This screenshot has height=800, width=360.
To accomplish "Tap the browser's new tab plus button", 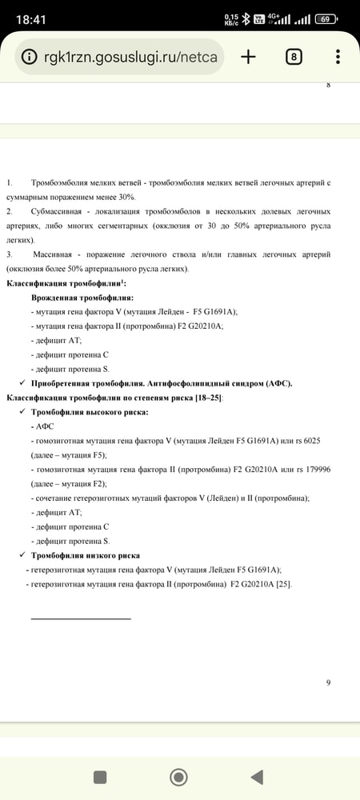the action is [248, 57].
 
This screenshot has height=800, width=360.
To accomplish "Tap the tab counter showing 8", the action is [294, 57].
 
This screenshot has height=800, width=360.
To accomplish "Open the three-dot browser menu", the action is [338, 57].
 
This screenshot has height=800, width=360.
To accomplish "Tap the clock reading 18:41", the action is [30, 18].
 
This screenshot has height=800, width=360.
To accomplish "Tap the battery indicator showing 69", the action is [325, 18].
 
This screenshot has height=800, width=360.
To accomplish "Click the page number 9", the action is [328, 682].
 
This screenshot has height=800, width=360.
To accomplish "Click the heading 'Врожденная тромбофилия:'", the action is [82, 298].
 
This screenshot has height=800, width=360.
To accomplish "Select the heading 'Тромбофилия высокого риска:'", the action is [90, 412].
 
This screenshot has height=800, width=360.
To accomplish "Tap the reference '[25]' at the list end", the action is [283, 584].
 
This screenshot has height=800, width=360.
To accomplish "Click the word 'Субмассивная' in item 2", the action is [58, 211].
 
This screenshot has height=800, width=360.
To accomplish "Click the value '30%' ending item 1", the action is [124, 197].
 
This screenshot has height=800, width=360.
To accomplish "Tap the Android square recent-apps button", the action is [100, 777].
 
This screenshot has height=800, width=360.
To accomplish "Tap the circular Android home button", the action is [178, 777].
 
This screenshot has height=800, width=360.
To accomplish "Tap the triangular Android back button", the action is [256, 777].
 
